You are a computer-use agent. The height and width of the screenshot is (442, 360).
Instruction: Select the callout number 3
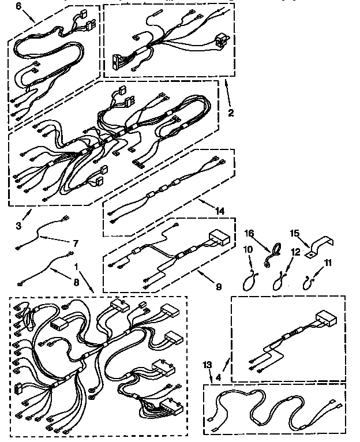(x=18, y=226)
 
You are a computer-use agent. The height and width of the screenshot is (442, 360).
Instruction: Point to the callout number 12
(x=295, y=252)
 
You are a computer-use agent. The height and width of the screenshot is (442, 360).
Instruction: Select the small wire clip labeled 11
(x=309, y=281)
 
